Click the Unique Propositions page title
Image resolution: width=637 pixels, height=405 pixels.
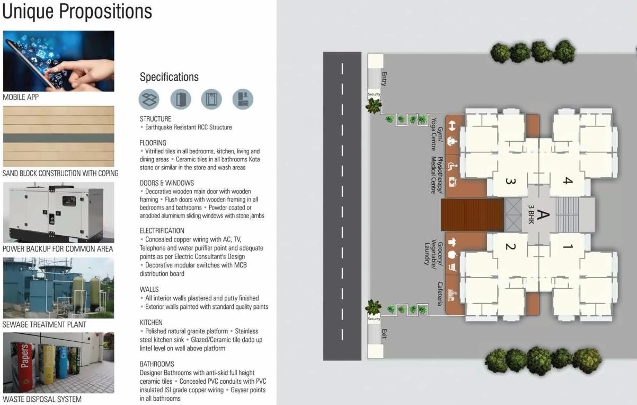point(77,12)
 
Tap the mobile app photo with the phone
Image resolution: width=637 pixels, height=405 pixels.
point(58,61)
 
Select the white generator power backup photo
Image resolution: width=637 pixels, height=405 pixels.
point(58,212)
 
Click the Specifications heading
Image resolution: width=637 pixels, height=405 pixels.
point(169,77)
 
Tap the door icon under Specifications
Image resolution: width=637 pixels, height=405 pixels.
point(180,99)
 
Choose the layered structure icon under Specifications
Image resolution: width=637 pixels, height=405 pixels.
point(149,99)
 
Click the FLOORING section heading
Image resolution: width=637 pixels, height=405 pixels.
point(153,143)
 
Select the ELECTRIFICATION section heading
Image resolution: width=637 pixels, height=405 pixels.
point(162,231)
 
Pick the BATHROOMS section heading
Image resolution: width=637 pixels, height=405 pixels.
point(157,364)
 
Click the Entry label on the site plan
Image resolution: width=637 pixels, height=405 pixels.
point(384,79)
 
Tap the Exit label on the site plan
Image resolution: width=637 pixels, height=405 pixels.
point(384,334)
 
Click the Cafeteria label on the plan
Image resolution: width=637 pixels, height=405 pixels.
point(439,294)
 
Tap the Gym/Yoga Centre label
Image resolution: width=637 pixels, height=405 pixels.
point(436,135)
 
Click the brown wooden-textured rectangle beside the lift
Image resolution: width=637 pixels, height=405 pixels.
point(472,215)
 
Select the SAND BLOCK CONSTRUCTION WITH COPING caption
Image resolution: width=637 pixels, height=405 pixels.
point(60,174)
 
